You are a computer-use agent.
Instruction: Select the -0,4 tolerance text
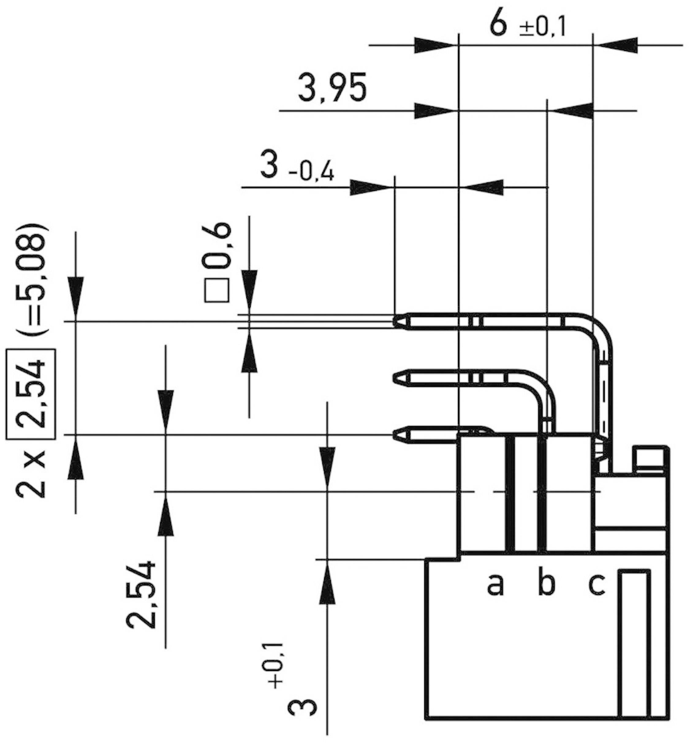coord(311,172)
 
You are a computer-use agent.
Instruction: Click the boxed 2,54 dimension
coord(31,393)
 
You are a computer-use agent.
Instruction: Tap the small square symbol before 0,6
coord(217,290)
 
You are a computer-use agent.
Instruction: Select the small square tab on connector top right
coord(650,459)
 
